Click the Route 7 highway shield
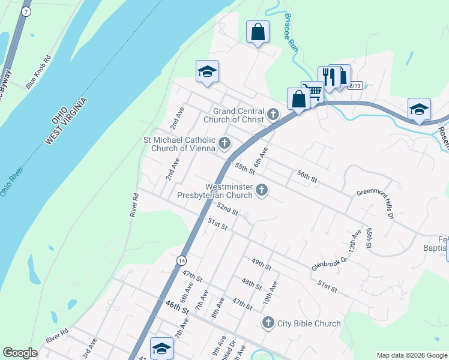(x=25, y=12)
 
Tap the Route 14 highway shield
(x=181, y=260)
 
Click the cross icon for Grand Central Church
(x=273, y=114)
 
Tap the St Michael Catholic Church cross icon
(x=224, y=143)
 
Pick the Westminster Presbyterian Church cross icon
(x=261, y=190)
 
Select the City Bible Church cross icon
(x=268, y=323)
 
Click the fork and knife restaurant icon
(x=328, y=76)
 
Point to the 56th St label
(x=306, y=175)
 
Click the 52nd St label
(x=228, y=209)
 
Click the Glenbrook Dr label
(x=330, y=263)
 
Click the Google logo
(x=20, y=353)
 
